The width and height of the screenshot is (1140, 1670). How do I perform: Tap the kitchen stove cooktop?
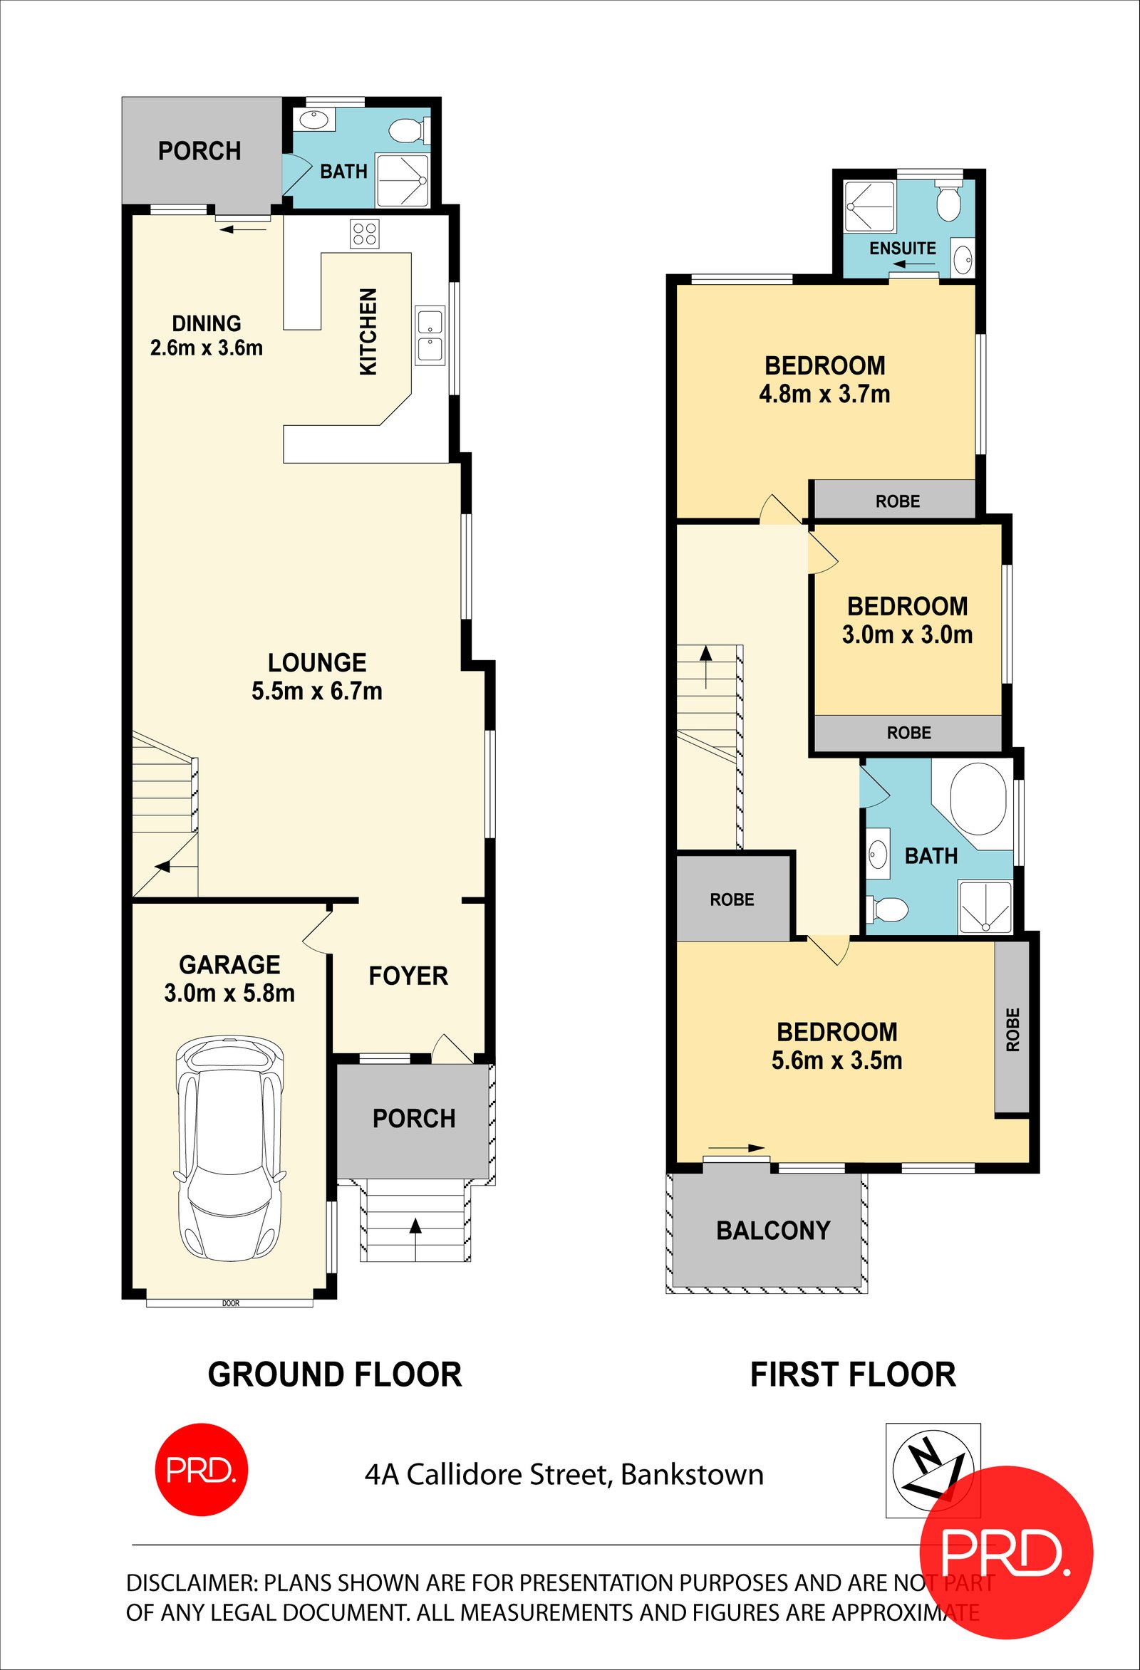tap(364, 234)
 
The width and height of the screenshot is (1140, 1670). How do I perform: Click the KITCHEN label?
tap(368, 331)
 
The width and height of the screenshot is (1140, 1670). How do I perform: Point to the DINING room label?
tap(207, 323)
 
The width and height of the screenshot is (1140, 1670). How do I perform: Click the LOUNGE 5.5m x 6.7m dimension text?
tap(317, 692)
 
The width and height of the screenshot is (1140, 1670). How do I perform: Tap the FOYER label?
tap(408, 976)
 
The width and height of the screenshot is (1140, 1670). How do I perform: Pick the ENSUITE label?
tap(903, 249)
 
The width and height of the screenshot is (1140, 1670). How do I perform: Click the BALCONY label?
tap(773, 1231)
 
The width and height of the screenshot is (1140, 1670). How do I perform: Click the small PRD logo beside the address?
tap(202, 1469)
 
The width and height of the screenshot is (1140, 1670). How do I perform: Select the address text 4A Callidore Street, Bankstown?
tap(564, 1475)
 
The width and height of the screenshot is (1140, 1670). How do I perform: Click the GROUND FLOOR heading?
tap(335, 1374)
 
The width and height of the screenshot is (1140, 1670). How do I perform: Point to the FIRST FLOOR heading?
tap(853, 1374)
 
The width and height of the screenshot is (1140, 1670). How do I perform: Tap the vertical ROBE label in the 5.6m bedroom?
tap(1012, 1030)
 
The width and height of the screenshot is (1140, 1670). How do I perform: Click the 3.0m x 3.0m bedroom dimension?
tap(908, 635)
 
